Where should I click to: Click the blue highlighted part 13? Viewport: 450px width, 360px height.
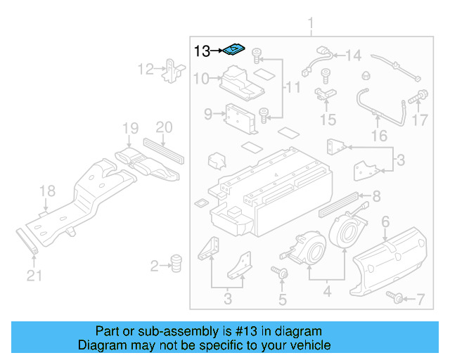(235, 50)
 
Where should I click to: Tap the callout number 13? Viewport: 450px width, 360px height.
(202, 51)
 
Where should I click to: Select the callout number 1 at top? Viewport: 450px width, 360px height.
(310, 27)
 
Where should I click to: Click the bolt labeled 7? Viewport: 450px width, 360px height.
(397, 300)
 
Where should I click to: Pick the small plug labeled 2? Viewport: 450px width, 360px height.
(176, 263)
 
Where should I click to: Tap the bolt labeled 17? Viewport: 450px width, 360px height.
(423, 95)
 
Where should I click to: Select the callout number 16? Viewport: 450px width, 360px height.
(379, 136)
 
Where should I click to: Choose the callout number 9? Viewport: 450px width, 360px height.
(208, 114)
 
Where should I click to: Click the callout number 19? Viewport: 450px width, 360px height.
(130, 129)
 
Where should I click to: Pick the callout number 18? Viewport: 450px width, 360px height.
(46, 191)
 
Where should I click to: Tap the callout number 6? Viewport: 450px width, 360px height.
(385, 222)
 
